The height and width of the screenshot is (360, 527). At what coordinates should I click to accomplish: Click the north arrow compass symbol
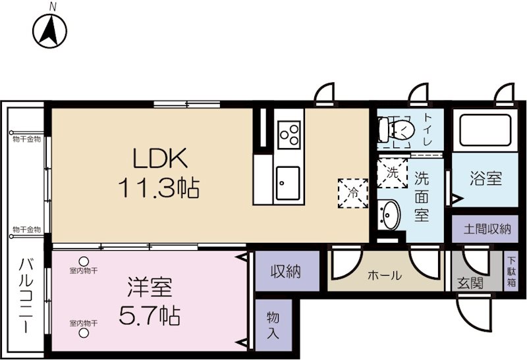pos(50,31)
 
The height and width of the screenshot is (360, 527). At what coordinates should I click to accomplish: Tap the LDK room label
pos(160,158)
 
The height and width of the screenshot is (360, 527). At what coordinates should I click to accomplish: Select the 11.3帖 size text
pos(159,188)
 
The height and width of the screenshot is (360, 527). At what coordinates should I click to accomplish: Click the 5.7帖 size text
pos(150,315)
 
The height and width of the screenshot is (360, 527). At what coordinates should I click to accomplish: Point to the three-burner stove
pos(289,134)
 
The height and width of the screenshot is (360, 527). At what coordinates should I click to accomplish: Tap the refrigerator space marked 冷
pos(353,193)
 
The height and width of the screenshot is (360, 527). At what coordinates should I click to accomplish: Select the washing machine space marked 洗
pos(392,173)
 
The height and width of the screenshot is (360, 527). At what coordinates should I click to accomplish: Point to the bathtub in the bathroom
pos(485,130)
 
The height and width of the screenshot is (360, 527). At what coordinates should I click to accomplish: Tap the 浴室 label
pos(485,178)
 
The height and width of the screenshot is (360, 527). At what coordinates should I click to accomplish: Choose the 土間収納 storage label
pos(487,229)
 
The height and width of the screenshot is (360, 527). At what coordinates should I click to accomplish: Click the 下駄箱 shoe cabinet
pos(511,270)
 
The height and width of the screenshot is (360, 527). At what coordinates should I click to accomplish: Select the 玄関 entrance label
pos(470,283)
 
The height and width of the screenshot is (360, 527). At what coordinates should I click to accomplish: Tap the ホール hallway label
pos(385,275)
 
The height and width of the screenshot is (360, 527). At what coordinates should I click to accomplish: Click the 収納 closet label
pos(286,271)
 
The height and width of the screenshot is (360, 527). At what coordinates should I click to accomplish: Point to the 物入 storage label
pos(273,324)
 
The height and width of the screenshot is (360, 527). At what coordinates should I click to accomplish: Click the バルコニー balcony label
pos(25,296)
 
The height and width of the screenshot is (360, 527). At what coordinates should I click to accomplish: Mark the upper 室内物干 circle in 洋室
pos(84,261)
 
